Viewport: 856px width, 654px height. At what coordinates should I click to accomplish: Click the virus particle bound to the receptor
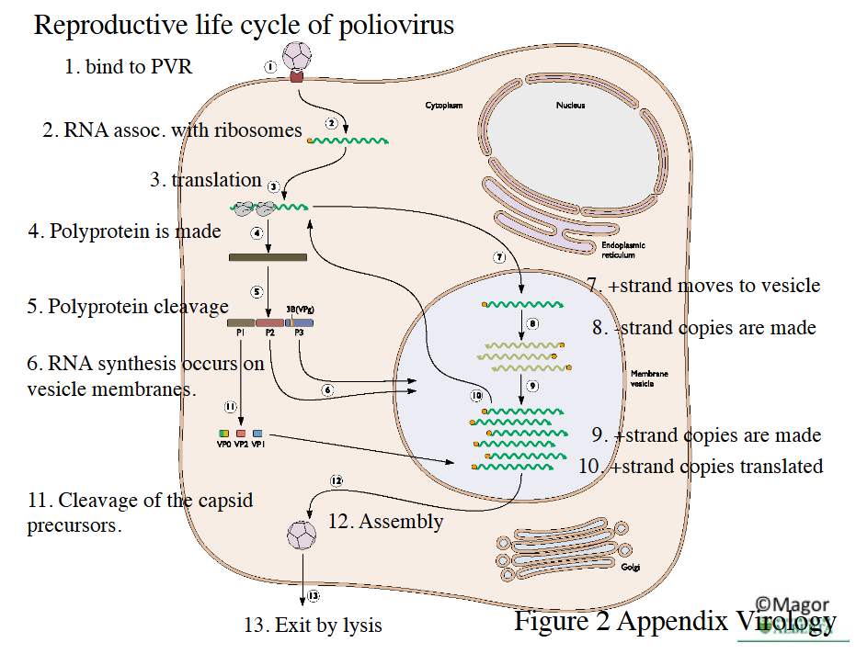pyautogui.click(x=296, y=56)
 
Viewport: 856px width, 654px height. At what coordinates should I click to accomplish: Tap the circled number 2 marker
pyautogui.click(x=332, y=122)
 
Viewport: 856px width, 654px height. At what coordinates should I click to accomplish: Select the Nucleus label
pyautogui.click(x=570, y=106)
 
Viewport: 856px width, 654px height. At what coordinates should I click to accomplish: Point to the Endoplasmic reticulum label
pyautogui.click(x=622, y=250)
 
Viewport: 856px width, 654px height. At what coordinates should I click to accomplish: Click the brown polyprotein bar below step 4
pyautogui.click(x=268, y=257)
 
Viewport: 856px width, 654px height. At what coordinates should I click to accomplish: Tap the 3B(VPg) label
pyautogui.click(x=301, y=310)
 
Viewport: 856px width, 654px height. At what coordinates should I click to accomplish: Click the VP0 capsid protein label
pyautogui.click(x=223, y=444)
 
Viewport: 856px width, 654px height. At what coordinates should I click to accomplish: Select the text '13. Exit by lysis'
pyautogui.click(x=313, y=626)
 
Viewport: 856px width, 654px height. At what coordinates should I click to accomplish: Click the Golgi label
pyautogui.click(x=630, y=567)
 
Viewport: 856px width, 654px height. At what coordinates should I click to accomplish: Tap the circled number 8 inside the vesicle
pyautogui.click(x=532, y=323)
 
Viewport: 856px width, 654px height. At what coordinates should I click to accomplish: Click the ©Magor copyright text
pyautogui.click(x=792, y=604)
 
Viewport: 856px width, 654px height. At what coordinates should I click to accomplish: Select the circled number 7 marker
pyautogui.click(x=499, y=257)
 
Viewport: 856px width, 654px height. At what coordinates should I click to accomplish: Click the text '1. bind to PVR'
pyautogui.click(x=128, y=66)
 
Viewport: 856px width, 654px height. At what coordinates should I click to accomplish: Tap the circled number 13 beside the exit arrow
pyautogui.click(x=314, y=596)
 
